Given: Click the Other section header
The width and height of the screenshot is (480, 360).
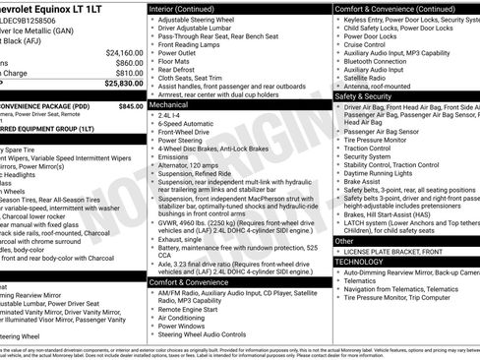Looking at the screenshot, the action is tap(345, 240).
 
